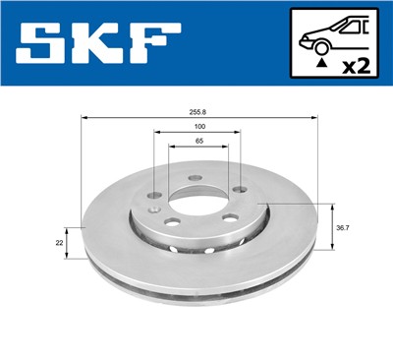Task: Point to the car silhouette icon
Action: coord(331,38)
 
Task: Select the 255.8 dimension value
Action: coord(197,113)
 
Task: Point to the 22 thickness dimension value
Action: coord(60,241)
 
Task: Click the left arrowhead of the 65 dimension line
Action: coord(170,150)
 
